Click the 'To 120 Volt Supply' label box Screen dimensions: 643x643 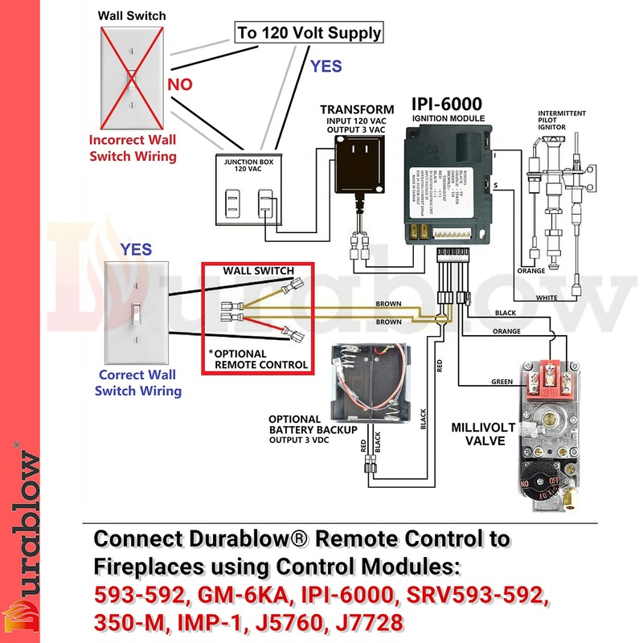[308, 34]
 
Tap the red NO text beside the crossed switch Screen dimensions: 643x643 [180, 84]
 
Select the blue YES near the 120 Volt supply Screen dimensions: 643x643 [326, 66]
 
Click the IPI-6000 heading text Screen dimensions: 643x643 [447, 104]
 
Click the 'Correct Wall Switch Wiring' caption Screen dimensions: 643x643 [137, 383]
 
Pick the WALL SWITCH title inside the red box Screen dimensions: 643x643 [258, 271]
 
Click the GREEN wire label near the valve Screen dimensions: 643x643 [502, 382]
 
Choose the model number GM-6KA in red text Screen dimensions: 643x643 [231, 597]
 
